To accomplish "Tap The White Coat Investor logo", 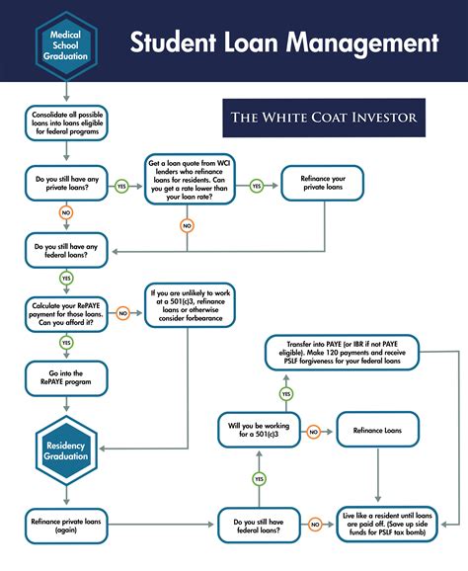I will click(x=324, y=119).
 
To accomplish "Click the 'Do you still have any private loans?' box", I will click(x=66, y=185).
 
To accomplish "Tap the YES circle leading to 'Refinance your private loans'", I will click(x=256, y=185).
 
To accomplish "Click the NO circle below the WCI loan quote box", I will click(x=187, y=225).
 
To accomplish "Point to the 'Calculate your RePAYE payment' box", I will click(x=66, y=313).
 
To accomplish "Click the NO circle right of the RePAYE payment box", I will click(x=123, y=313).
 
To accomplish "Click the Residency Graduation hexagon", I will click(x=66, y=446).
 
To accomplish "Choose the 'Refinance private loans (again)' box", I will click(x=66, y=524).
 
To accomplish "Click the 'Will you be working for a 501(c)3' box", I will click(x=259, y=432).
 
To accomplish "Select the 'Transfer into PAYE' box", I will click(x=342, y=354).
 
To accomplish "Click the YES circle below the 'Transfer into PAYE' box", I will click(x=286, y=394).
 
